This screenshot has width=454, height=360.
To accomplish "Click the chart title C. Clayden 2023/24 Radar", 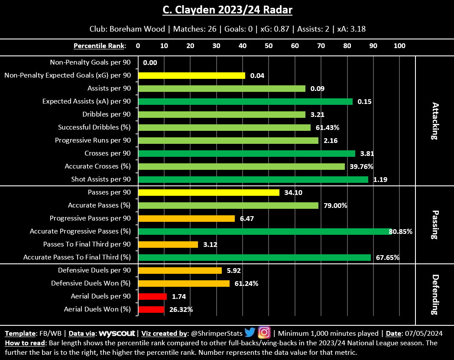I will (227, 10).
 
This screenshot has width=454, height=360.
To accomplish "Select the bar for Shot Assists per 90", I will (253, 179).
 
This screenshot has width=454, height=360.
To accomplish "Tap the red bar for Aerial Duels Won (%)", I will (151, 309).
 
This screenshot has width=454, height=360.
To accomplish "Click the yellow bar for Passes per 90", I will (208, 192).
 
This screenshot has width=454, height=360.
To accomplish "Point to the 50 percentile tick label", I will (269, 45).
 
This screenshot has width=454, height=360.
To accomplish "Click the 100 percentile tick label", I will (399, 45).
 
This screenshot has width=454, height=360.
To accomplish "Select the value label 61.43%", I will (328, 128).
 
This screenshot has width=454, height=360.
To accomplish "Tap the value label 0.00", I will (150, 63).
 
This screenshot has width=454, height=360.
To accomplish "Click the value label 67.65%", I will (388, 258).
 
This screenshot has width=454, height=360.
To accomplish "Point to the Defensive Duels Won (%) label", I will (91, 283).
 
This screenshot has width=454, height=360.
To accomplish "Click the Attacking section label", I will (435, 121).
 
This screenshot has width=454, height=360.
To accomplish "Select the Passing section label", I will (435, 225).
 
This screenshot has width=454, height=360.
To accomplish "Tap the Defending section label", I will (435, 294).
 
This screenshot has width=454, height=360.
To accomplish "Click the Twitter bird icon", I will (250, 333).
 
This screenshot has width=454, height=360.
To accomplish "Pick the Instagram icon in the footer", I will (264, 333).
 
